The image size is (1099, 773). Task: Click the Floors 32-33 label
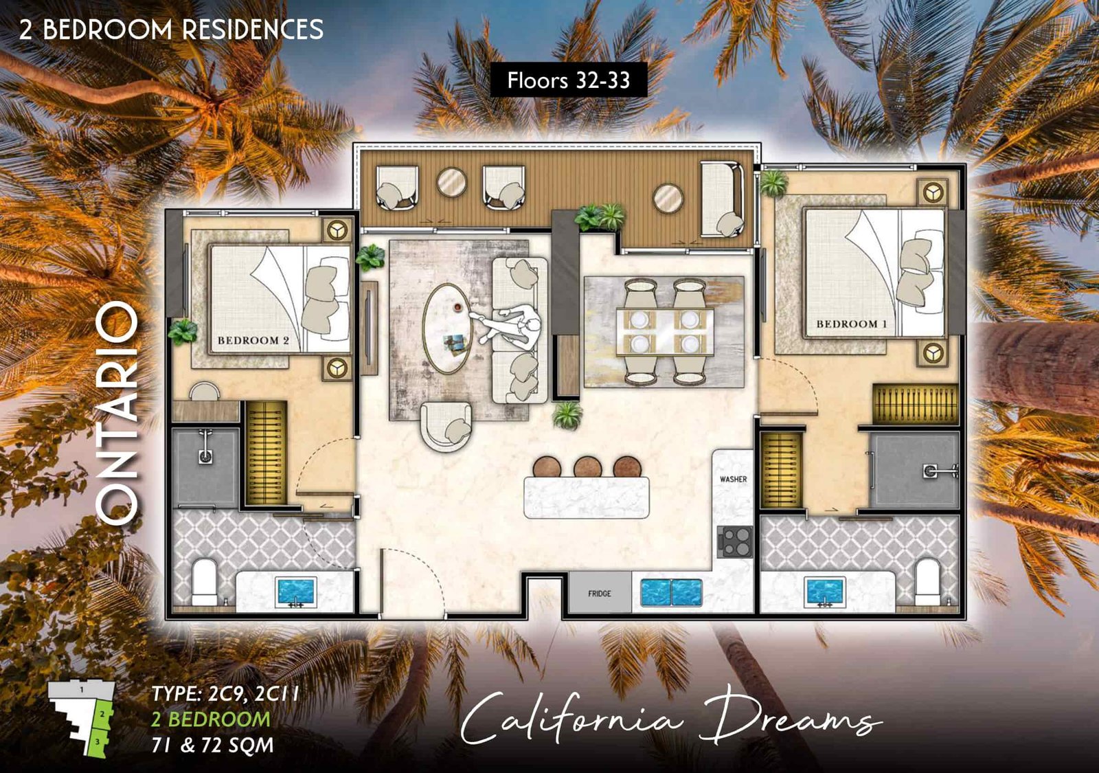(x=568, y=80)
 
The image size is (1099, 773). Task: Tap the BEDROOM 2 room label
(x=253, y=340)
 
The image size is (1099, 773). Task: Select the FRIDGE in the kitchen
(x=599, y=594)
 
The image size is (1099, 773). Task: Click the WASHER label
(x=733, y=479)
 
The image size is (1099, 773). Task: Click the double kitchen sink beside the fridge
(x=671, y=592)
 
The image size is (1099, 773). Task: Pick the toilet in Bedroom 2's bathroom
(x=205, y=582)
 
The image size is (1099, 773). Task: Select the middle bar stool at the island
(x=588, y=467)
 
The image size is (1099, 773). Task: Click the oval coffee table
(x=447, y=329)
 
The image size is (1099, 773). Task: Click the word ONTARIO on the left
(x=118, y=412)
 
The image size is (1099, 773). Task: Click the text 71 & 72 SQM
(x=212, y=745)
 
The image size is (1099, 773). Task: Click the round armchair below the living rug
(x=447, y=426)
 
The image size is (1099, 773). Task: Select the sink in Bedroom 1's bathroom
(x=824, y=591)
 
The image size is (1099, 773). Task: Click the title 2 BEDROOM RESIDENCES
(x=171, y=30)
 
